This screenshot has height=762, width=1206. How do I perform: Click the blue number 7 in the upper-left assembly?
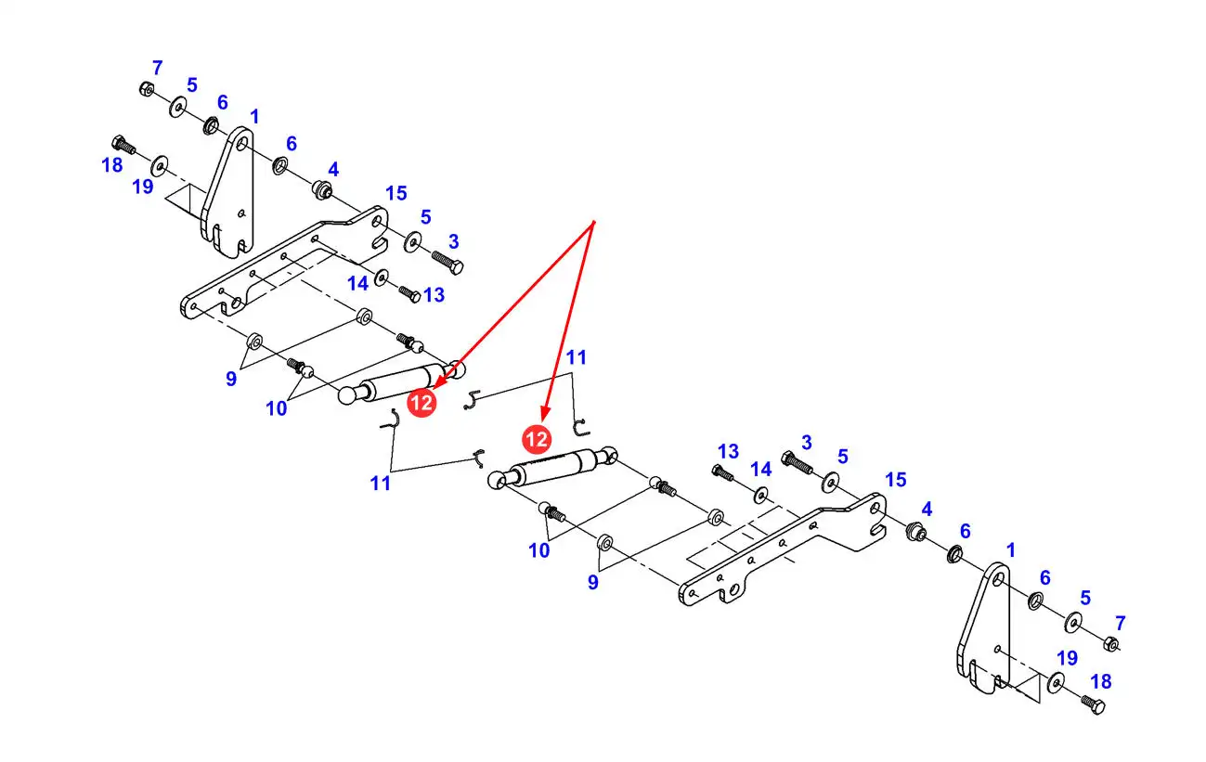(x=158, y=68)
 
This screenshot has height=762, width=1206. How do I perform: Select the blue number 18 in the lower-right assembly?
(x=1100, y=682)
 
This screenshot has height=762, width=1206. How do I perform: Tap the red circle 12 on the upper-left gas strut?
(x=422, y=402)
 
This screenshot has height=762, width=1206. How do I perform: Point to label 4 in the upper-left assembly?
(x=333, y=169)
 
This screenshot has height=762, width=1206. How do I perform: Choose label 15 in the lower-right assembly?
(x=896, y=479)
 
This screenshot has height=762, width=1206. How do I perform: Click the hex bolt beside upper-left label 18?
(x=122, y=144)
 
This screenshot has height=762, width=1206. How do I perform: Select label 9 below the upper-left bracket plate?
(x=231, y=379)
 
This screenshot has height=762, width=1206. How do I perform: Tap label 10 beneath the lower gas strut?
(x=539, y=550)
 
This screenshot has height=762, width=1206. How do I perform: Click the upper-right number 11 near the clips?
(x=577, y=357)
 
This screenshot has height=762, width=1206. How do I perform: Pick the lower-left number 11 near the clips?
(x=381, y=484)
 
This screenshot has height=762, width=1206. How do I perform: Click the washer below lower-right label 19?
(x=1056, y=684)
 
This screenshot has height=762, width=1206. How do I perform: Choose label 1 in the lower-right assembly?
(x=1011, y=549)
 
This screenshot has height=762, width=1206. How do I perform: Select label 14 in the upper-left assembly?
(x=358, y=283)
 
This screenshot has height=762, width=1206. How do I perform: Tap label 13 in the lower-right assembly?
(x=728, y=451)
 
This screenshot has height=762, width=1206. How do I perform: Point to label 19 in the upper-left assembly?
(x=142, y=187)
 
